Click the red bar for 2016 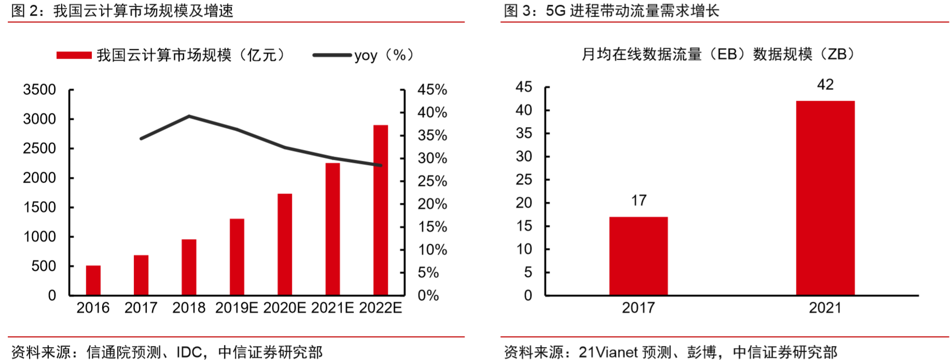tap(93, 280)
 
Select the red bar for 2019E tap(237, 257)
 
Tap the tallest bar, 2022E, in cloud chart tap(381, 210)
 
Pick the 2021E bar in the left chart tap(332, 229)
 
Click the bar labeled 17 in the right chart tap(638, 256)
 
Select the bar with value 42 tap(825, 198)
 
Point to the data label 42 tap(825, 85)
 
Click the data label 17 tap(638, 200)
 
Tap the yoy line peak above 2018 tap(189, 116)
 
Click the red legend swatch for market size tap(74, 55)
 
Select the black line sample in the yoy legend tap(332, 55)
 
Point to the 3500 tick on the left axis tap(39, 90)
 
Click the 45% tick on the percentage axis tap(432, 90)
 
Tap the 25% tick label tap(432, 181)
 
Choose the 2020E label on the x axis tap(284, 308)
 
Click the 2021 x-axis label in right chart tap(825, 308)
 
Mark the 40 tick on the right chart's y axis tap(524, 110)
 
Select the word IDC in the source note tap(189, 352)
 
